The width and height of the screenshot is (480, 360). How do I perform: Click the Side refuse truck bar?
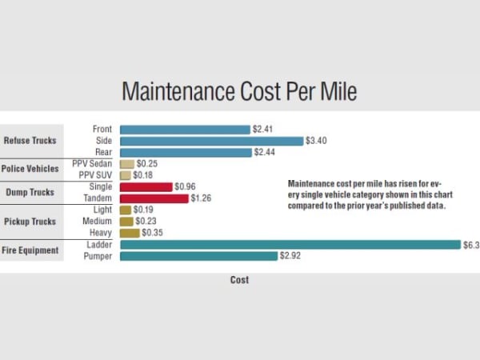click(212, 141)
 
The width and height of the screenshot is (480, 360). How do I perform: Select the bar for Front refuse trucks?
click(185, 129)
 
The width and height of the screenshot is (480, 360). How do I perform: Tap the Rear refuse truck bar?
click(186, 152)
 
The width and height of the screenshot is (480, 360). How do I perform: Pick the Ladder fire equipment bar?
click(290, 245)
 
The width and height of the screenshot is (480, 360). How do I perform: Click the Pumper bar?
click(198, 256)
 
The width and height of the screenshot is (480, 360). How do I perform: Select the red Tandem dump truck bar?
click(154, 198)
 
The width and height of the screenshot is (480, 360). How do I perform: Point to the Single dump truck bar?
click(146, 186)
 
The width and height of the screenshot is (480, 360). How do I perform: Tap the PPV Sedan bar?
click(126, 163)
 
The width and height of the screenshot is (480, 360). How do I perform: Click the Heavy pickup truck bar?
click(130, 233)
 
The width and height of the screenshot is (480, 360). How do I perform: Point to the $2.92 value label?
click(290, 256)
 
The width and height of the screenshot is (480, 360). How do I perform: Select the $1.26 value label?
click(202, 198)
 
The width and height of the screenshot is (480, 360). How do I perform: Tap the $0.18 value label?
click(142, 175)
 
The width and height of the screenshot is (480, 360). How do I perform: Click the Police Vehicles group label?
click(30, 169)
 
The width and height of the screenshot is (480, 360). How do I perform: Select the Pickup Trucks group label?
click(30, 221)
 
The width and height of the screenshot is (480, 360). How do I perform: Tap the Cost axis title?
click(239, 280)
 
